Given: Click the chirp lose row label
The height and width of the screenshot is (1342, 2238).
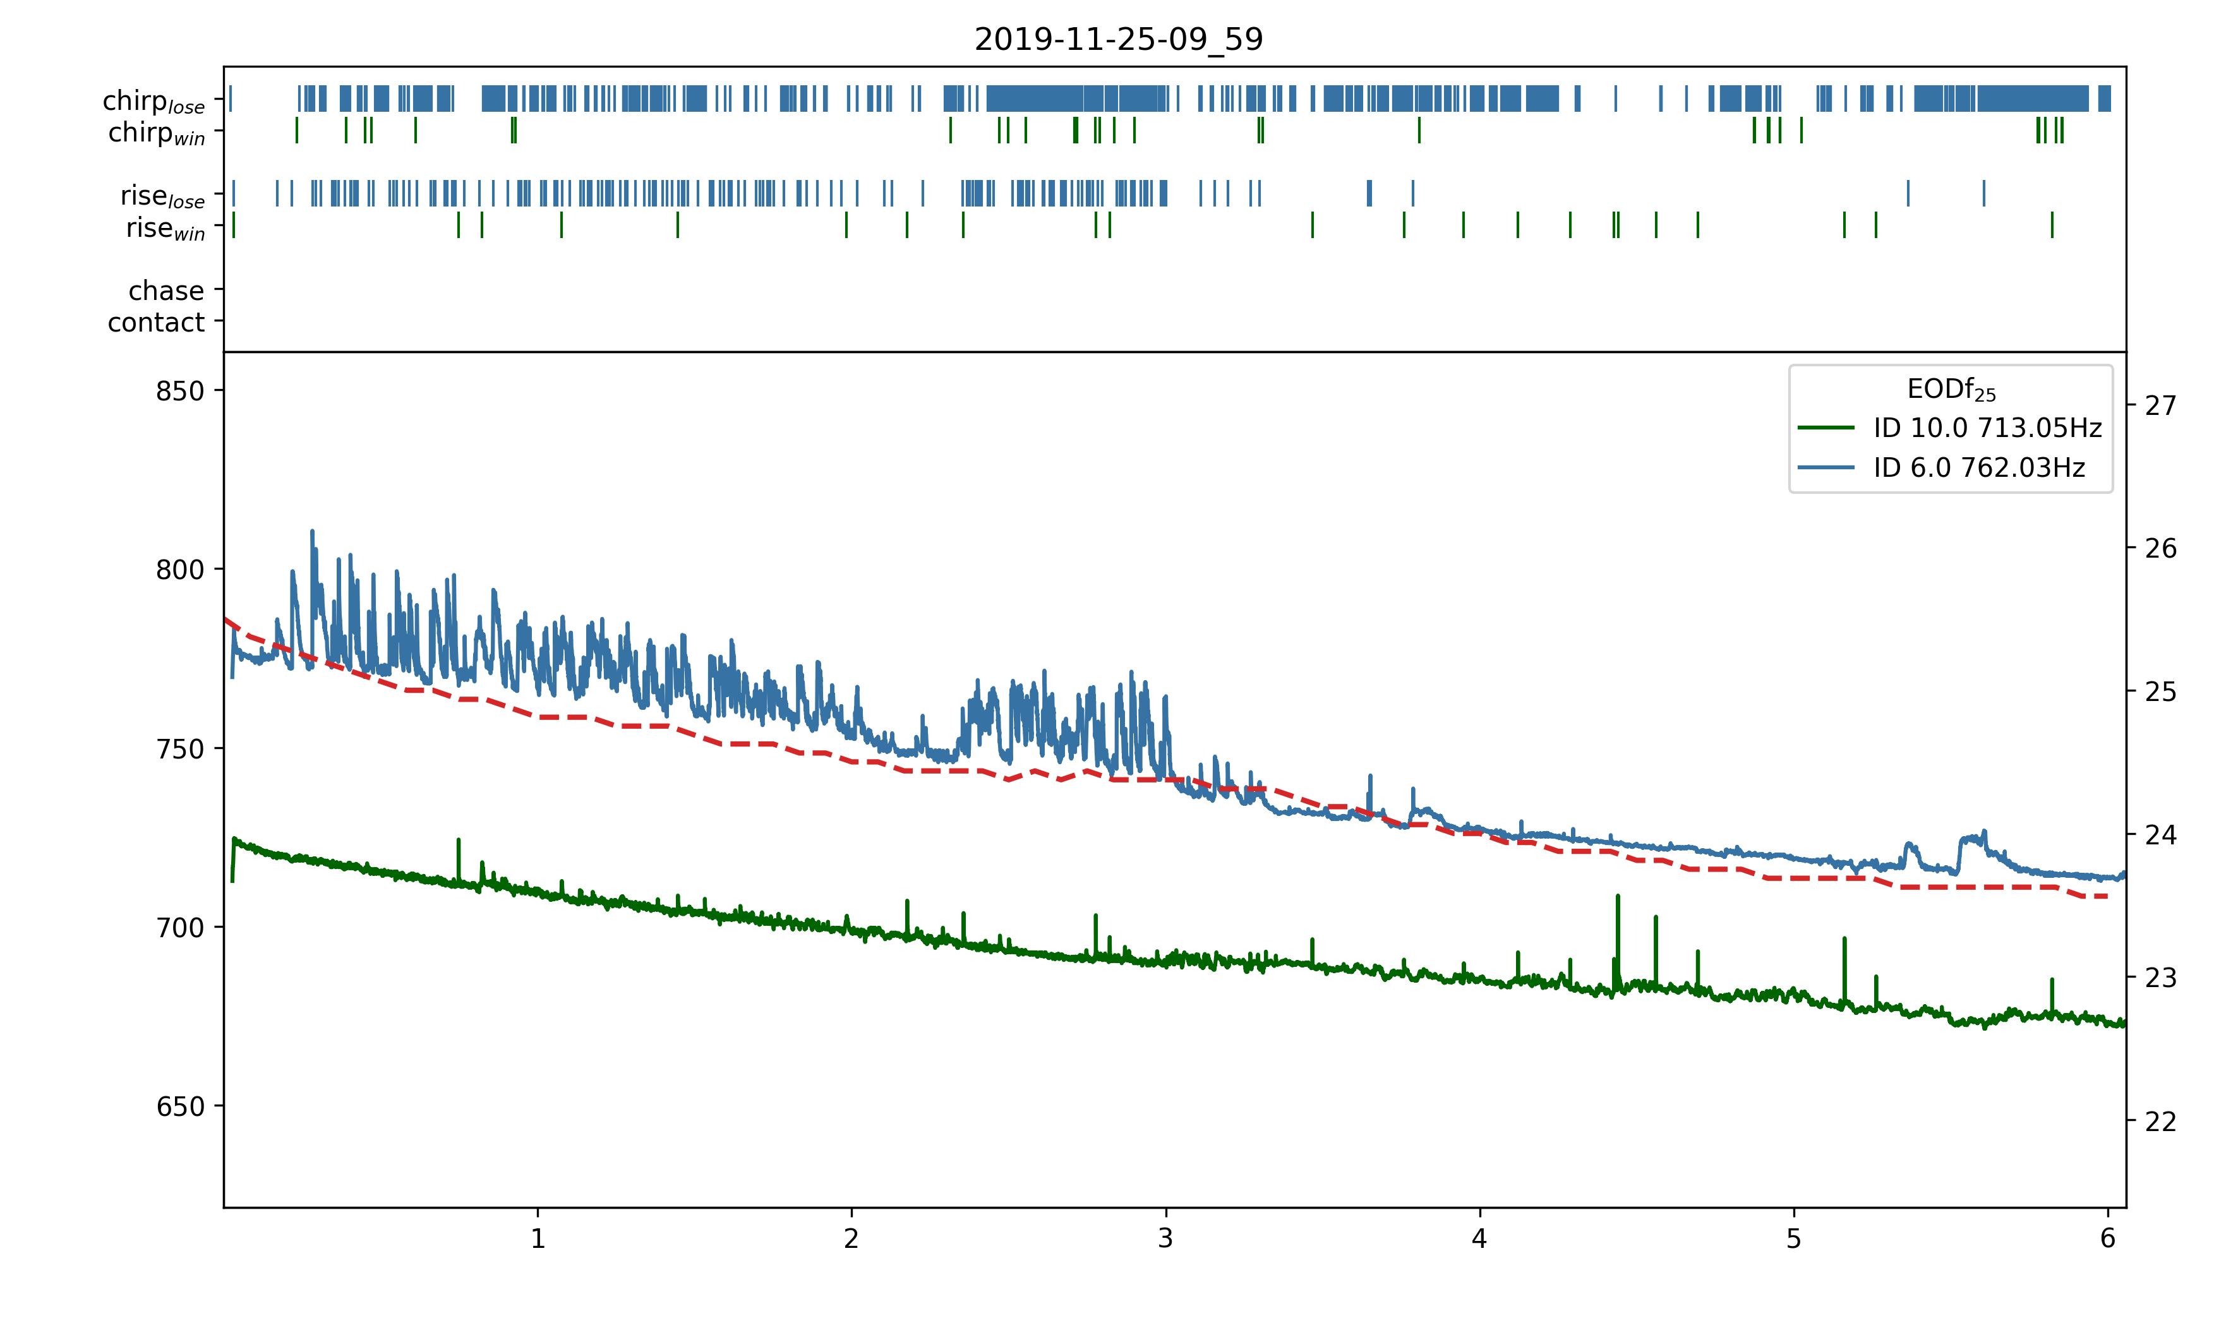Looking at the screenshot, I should [153, 100].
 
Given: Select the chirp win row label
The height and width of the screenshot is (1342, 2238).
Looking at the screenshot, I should [157, 133].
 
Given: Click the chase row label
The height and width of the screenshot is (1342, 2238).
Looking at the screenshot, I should [166, 291].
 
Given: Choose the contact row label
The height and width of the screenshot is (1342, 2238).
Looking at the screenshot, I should [157, 322].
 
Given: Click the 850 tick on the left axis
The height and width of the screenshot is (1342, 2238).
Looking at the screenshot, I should [180, 391].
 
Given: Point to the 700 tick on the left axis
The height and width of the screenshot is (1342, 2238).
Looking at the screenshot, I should [180, 927].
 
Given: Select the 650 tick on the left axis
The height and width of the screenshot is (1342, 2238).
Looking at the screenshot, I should [180, 1106].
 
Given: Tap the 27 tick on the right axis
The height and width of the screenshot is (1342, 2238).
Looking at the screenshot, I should [2161, 405].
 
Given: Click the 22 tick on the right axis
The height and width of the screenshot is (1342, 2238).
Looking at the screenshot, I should [2161, 1122].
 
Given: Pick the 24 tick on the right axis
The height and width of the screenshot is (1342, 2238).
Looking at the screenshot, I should [2161, 835].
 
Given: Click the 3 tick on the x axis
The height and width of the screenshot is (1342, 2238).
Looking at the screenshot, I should [1165, 1239].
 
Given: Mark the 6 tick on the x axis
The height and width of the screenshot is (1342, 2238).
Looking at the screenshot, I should [2108, 1239].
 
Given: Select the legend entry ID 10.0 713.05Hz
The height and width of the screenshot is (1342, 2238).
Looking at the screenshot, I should [1987, 428].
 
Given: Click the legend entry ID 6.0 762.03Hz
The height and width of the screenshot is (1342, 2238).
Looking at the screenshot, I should [1978, 467].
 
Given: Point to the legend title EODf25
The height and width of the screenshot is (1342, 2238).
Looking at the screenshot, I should [1951, 389].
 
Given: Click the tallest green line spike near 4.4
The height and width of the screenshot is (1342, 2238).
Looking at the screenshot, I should [1618, 897].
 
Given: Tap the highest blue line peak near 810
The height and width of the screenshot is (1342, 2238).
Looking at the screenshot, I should [312, 532].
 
